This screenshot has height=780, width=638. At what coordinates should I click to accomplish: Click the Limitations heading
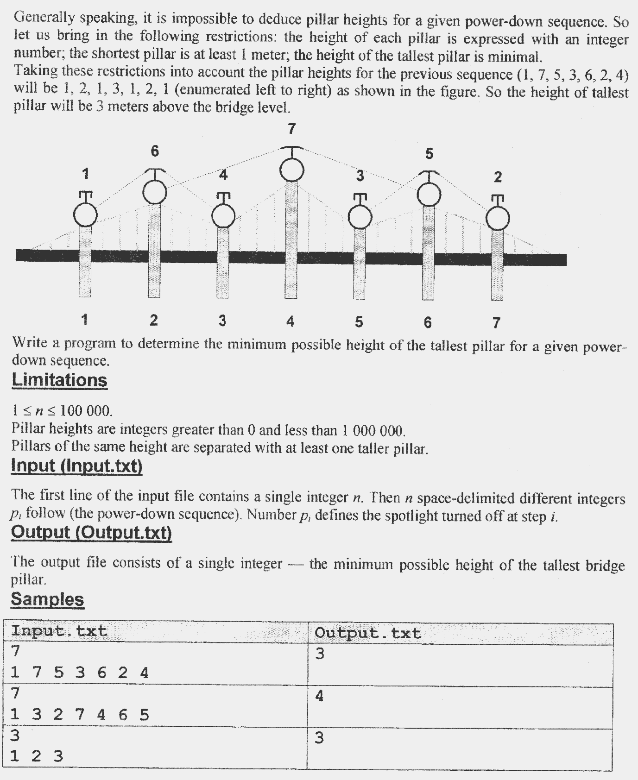(x=59, y=380)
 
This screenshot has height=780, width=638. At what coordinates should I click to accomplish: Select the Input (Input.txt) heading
(x=76, y=465)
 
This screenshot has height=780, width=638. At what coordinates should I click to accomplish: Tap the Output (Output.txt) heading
(x=91, y=532)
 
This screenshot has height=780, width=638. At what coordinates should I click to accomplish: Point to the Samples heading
(x=47, y=599)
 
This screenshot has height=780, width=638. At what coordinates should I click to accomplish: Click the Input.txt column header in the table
(x=59, y=631)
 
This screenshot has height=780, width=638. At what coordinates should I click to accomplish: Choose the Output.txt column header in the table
(x=368, y=633)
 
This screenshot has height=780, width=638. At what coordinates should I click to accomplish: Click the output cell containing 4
(x=319, y=696)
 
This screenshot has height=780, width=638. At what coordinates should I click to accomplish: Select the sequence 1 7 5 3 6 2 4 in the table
(x=79, y=673)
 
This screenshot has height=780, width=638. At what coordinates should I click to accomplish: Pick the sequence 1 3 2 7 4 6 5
(x=79, y=715)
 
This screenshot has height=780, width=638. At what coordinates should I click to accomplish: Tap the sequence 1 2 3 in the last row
(x=36, y=756)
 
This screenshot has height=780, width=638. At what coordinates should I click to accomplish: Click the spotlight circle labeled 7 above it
(x=292, y=170)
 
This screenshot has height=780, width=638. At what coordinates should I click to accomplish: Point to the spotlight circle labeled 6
(x=154, y=192)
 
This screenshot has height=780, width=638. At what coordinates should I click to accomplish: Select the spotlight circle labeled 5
(x=430, y=194)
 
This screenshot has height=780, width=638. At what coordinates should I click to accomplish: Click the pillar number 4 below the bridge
(x=290, y=321)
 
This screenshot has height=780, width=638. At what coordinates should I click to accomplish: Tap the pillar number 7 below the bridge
(x=496, y=322)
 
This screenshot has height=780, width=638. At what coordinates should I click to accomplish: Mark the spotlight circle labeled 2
(x=498, y=218)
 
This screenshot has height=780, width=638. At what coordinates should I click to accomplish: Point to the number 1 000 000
(x=373, y=431)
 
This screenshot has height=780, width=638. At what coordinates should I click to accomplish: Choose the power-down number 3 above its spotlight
(x=360, y=176)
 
